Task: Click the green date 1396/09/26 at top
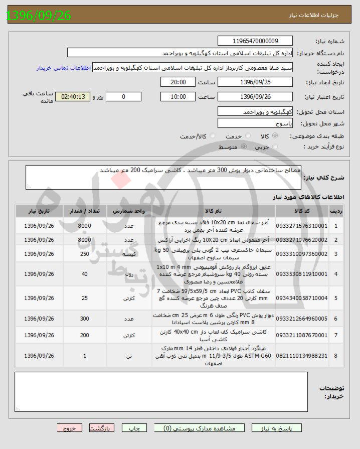pyautogui.click(x=39, y=16)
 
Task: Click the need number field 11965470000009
pyautogui.click(x=256, y=41)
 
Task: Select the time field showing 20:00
pyautogui.click(x=178, y=82)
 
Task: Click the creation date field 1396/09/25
pyautogui.click(x=256, y=82)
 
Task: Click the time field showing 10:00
pyautogui.click(x=178, y=96)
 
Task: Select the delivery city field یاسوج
pyautogui.click(x=256, y=123)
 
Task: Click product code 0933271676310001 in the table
pyautogui.click(x=301, y=226)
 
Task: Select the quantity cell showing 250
pyautogui.click(x=84, y=254)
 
